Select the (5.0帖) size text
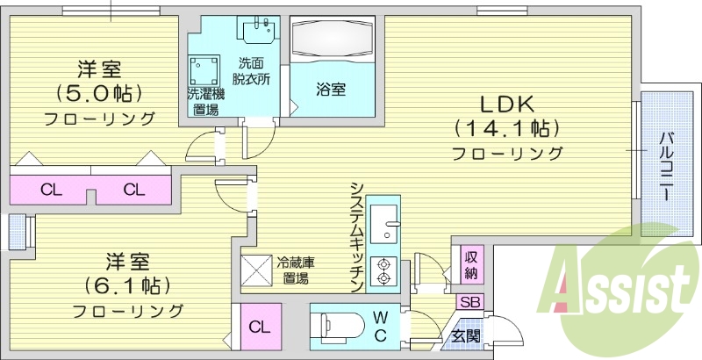[99, 92]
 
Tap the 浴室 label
[331, 89]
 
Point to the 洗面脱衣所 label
[252, 70]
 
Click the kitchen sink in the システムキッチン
[383, 224]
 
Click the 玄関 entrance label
[464, 335]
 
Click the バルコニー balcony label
[668, 165]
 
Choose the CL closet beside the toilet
[258, 327]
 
